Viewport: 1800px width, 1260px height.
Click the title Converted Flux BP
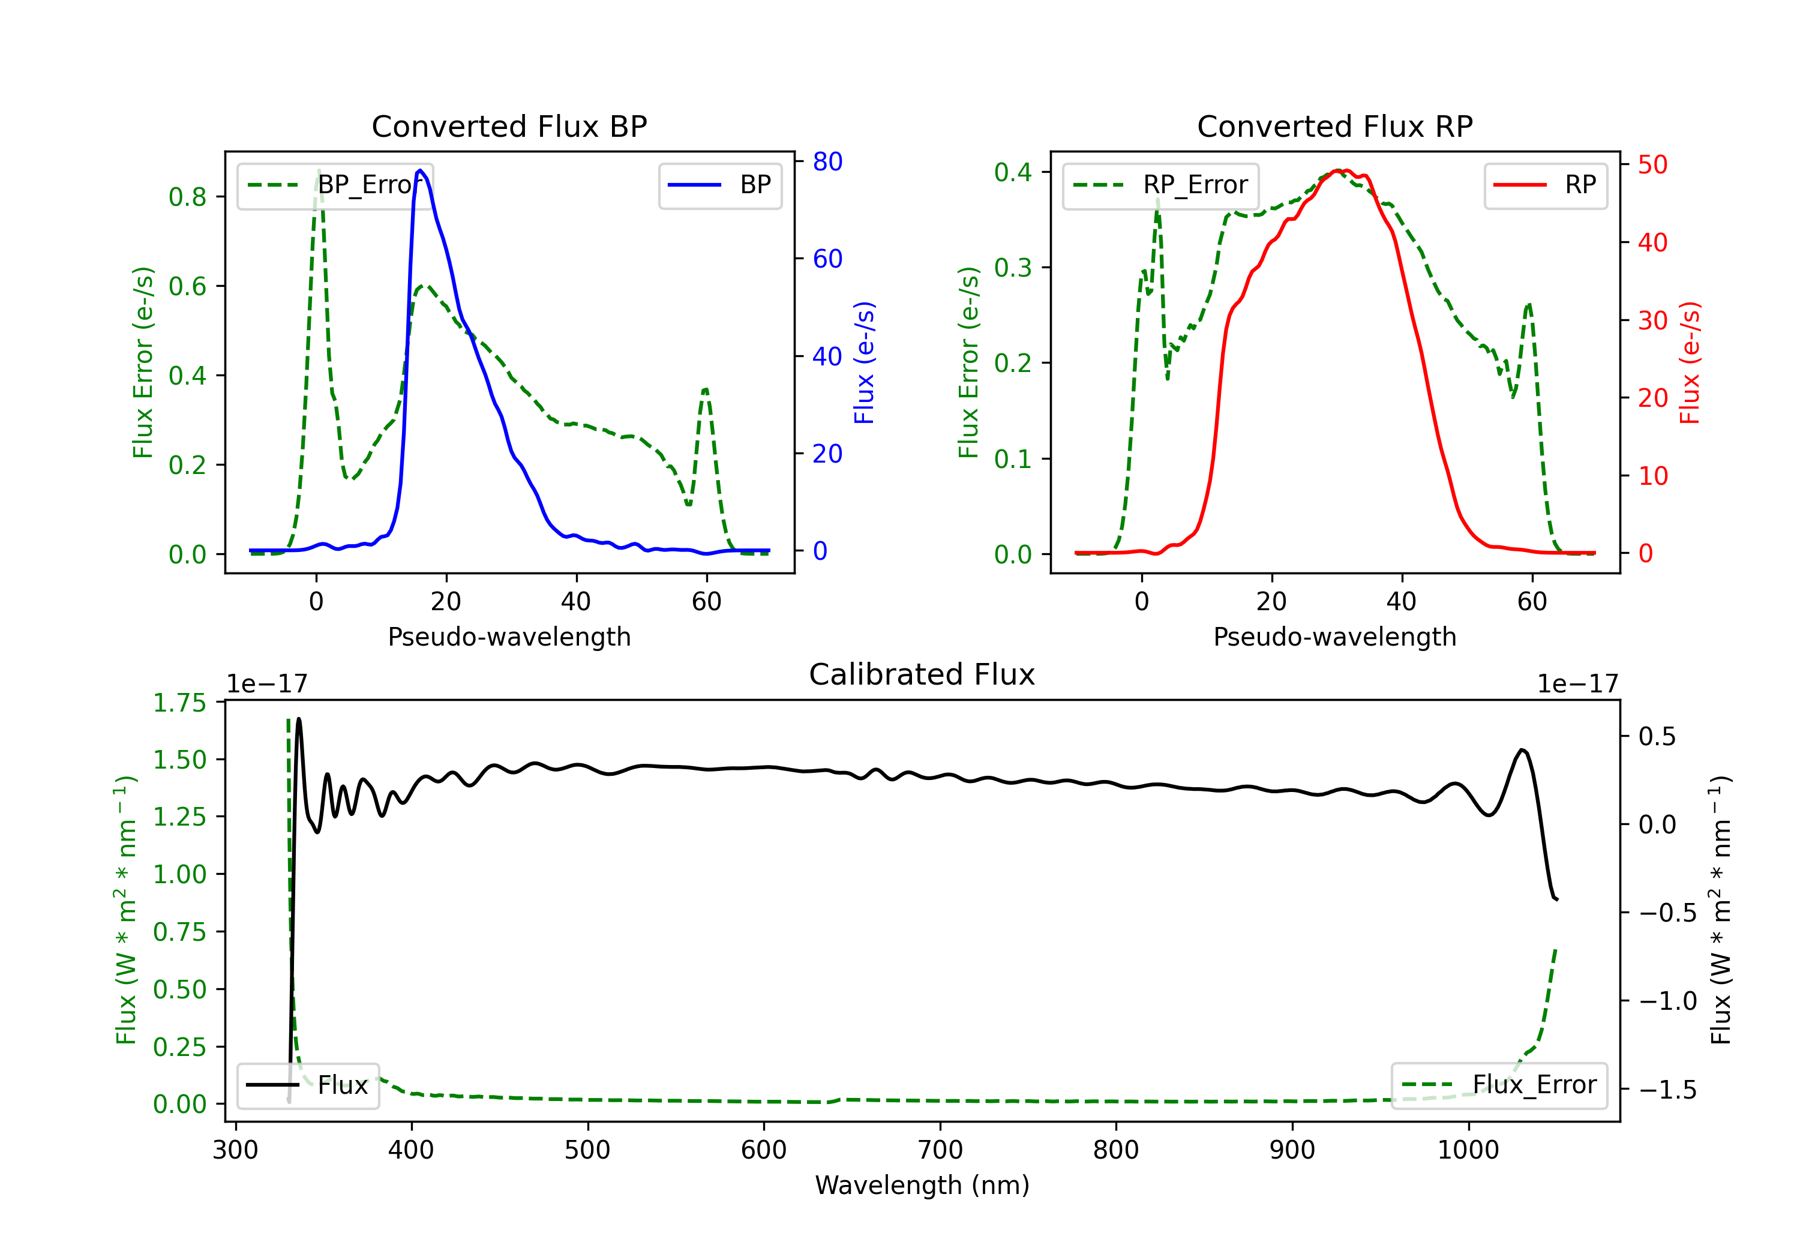coord(509,126)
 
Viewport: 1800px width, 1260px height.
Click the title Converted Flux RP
coord(1334,126)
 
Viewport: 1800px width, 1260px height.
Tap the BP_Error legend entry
coord(335,185)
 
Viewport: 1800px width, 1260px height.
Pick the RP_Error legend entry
coord(1161,185)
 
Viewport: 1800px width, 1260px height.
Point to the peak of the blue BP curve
coord(420,170)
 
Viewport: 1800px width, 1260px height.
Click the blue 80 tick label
coord(827,161)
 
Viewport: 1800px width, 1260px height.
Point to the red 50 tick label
coord(1652,164)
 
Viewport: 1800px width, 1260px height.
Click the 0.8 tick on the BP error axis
coord(187,197)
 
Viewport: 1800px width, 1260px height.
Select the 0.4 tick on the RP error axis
coord(1013,172)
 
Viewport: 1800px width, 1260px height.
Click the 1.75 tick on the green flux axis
coord(179,703)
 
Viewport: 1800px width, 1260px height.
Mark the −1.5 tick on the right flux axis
coord(1667,1090)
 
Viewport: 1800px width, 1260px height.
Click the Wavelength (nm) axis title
coord(922,1185)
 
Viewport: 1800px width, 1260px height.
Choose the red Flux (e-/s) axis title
coord(1690,362)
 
